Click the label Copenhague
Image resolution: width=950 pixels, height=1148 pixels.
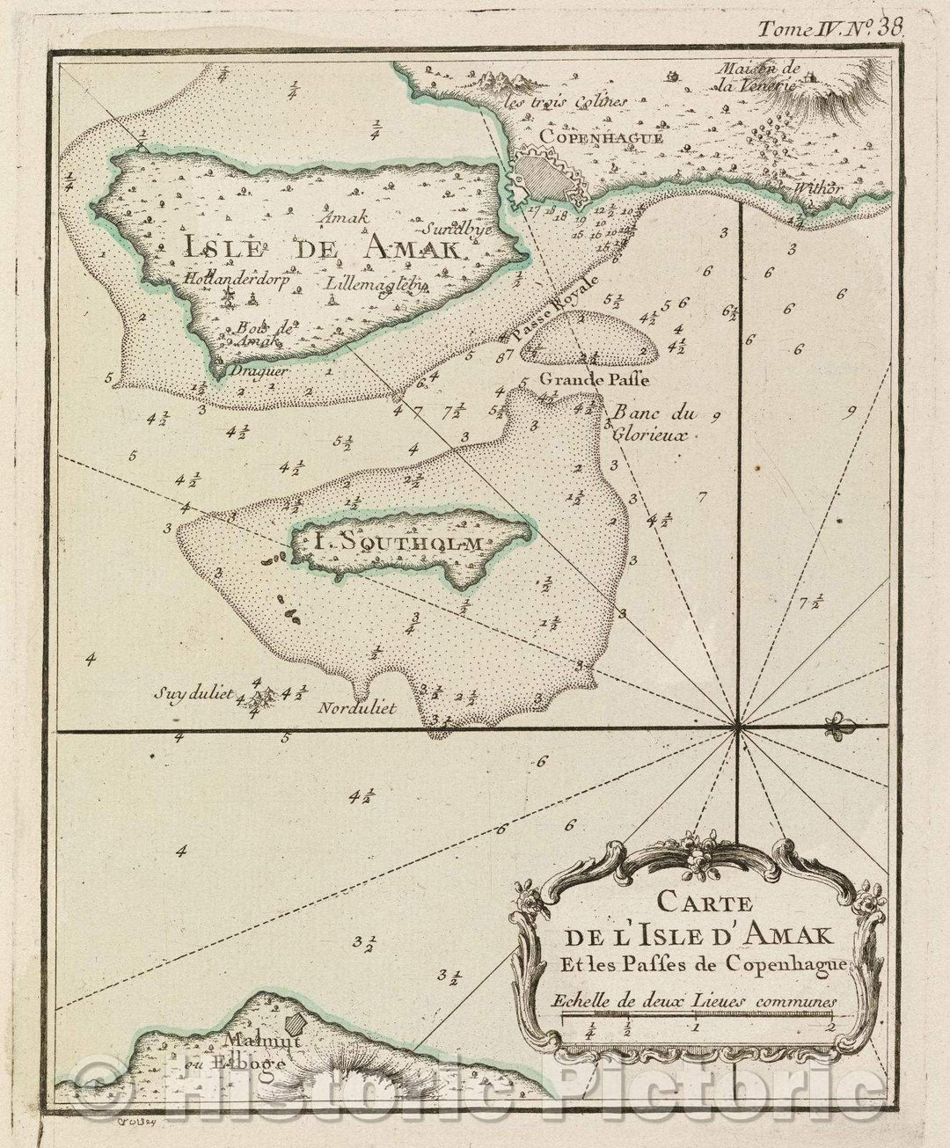click(582, 136)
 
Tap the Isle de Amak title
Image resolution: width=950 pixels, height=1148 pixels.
click(321, 249)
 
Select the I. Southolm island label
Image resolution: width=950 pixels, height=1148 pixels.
click(398, 543)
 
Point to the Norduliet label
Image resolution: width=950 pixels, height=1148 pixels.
click(359, 707)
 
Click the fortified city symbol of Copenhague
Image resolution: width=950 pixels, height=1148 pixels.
click(545, 174)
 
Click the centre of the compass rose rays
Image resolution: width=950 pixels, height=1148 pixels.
click(737, 728)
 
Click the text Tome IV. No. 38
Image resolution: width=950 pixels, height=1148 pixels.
click(831, 27)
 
